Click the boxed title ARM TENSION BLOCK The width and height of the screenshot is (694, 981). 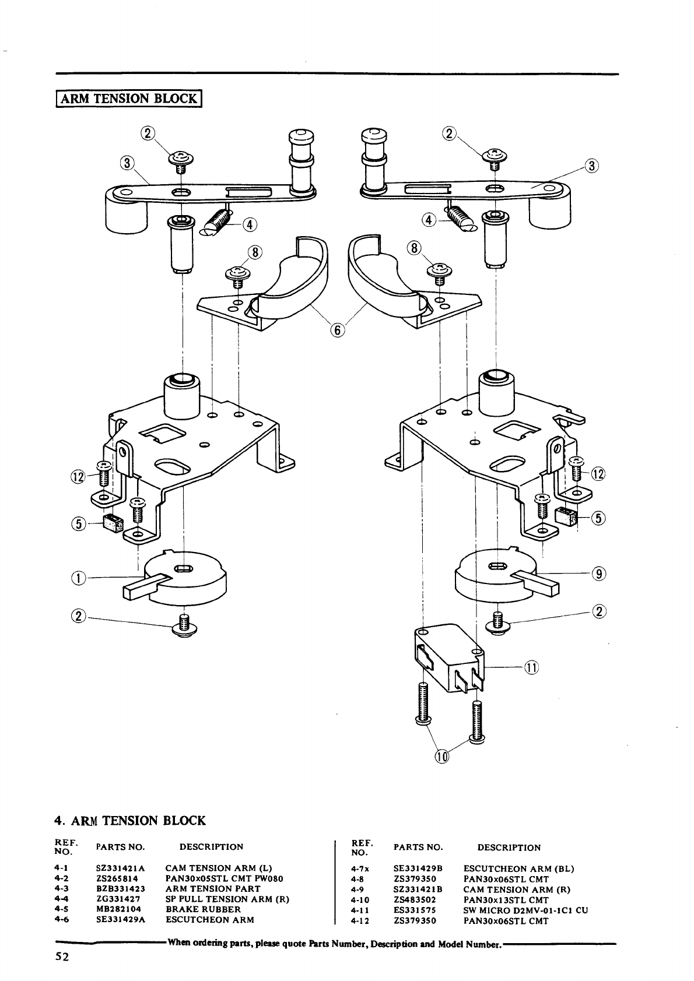[129, 99]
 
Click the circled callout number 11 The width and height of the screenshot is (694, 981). [532, 668]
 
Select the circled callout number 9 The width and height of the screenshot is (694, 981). [599, 574]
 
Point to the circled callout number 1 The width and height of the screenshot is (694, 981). [78, 578]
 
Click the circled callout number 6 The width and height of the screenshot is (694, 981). [337, 330]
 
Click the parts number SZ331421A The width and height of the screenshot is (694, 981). [121, 868]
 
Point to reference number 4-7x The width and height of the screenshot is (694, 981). [360, 869]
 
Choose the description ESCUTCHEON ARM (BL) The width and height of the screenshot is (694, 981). [518, 869]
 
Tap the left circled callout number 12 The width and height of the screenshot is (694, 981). [78, 476]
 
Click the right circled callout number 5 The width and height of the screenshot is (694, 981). [598, 519]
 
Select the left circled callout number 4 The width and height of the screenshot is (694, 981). [250, 224]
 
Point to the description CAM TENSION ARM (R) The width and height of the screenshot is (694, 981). [517, 889]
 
